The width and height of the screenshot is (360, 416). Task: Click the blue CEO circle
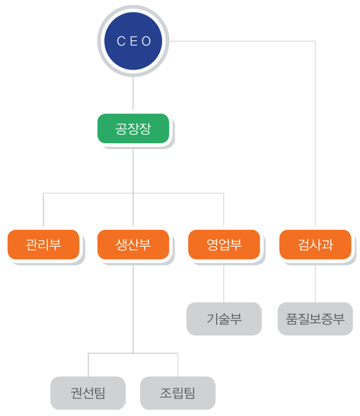click(133, 41)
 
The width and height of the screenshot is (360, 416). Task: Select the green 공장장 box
click(133, 128)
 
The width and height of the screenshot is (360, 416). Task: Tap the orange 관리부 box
click(43, 244)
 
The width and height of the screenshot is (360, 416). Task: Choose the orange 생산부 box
click(133, 244)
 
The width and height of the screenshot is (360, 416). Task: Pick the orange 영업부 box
click(224, 244)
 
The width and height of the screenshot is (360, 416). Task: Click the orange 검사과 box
click(315, 244)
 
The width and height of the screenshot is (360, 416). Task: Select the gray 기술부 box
click(224, 318)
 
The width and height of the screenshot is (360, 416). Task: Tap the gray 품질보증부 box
click(315, 318)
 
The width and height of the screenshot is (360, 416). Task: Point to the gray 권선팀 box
click(88, 393)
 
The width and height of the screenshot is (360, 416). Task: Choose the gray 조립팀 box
click(178, 393)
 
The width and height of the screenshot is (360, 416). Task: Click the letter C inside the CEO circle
click(121, 41)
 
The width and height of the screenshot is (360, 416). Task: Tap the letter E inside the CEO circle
click(133, 41)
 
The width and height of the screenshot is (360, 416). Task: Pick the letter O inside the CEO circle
click(146, 41)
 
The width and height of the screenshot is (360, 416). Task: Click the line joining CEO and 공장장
click(133, 93)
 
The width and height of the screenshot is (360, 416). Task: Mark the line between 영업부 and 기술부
click(224, 284)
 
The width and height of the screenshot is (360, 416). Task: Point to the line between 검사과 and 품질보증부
click(315, 284)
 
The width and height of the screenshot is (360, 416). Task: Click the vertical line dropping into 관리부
click(43, 210)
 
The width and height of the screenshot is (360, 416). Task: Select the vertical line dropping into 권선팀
click(88, 365)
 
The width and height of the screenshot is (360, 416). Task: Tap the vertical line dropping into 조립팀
click(178, 365)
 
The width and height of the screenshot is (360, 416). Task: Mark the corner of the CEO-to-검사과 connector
click(315, 41)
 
